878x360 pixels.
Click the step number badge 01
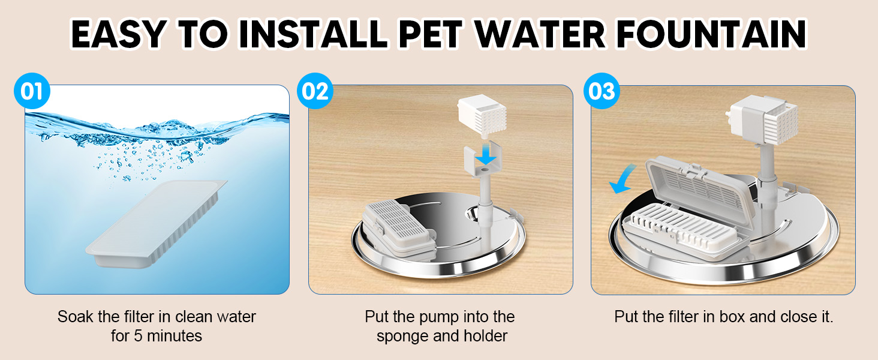31,92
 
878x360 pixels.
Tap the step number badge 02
315,92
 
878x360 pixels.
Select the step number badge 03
601,92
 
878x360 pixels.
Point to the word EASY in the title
118,35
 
